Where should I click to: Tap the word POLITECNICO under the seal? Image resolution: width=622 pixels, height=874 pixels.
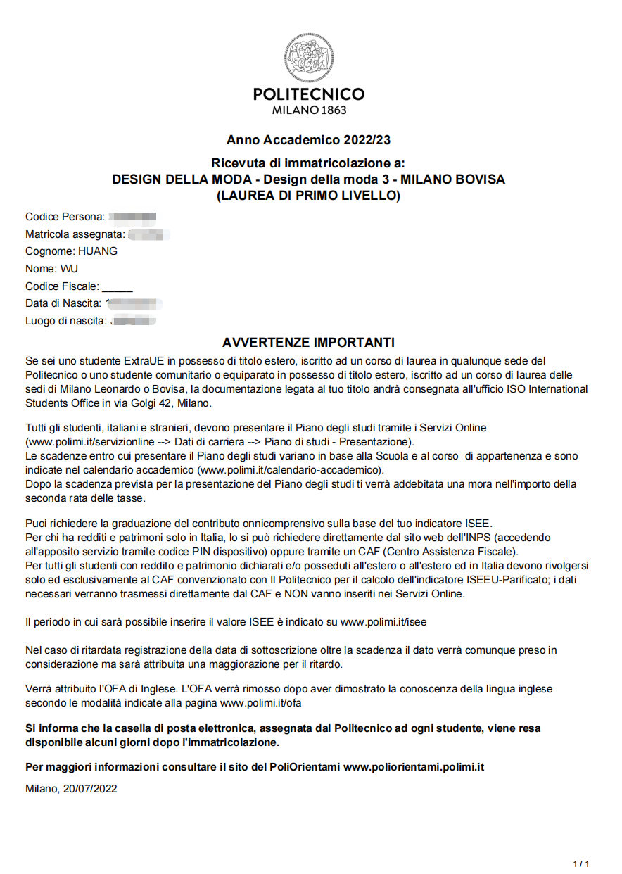point(309,94)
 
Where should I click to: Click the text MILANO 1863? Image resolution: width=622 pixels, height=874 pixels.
point(309,110)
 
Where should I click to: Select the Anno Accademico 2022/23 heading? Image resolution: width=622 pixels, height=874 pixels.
point(308,140)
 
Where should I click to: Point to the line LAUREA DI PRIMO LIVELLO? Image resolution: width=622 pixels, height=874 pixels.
point(308,196)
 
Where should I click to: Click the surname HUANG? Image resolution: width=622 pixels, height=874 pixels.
point(98,251)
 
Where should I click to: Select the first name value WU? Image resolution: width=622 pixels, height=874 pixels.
point(69,268)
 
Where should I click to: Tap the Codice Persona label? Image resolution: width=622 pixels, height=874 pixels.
point(65,216)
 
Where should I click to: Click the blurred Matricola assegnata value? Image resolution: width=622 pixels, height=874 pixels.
point(150,234)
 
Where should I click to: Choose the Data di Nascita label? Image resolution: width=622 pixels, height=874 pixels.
point(63,303)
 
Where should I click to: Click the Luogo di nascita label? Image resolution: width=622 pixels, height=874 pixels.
point(66,321)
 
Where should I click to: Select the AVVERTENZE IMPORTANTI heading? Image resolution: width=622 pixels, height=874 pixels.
point(308,343)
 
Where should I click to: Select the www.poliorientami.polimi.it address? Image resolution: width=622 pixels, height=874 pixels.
point(414,766)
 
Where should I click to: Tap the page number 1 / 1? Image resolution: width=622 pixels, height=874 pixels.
point(581,863)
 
